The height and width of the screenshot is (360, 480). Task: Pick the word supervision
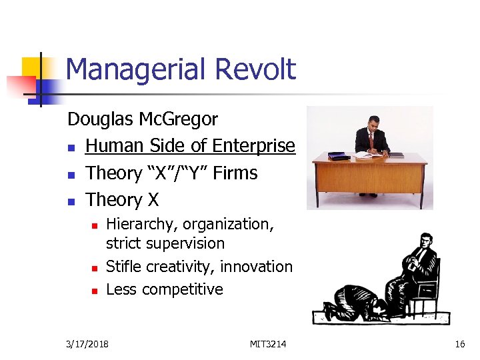(186, 243)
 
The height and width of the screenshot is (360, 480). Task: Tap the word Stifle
(124, 267)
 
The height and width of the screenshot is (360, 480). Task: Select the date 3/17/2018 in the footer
(89, 344)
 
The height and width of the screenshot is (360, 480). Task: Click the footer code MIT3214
(269, 344)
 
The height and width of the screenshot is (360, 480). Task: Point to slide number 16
(459, 344)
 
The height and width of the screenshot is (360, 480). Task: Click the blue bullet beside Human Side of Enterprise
(71, 147)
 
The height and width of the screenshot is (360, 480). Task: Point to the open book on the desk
(365, 155)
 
